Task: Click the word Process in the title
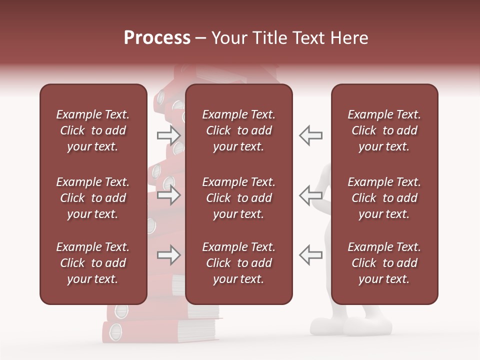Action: pos(157,38)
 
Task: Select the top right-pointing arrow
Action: pos(169,135)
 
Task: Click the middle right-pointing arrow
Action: pos(169,195)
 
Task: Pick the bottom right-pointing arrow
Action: pos(169,255)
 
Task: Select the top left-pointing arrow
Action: pos(310,135)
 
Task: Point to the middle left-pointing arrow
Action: pos(310,195)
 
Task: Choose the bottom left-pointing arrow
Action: pos(310,255)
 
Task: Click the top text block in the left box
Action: pos(93,130)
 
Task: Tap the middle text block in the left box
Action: pos(93,198)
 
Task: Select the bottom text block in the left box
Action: pos(93,263)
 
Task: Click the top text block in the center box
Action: pos(238,130)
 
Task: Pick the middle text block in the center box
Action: pos(238,198)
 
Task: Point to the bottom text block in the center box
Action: pos(238,263)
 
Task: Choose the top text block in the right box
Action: pos(384,130)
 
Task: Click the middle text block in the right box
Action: pos(384,198)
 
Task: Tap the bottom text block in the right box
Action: pos(384,263)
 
